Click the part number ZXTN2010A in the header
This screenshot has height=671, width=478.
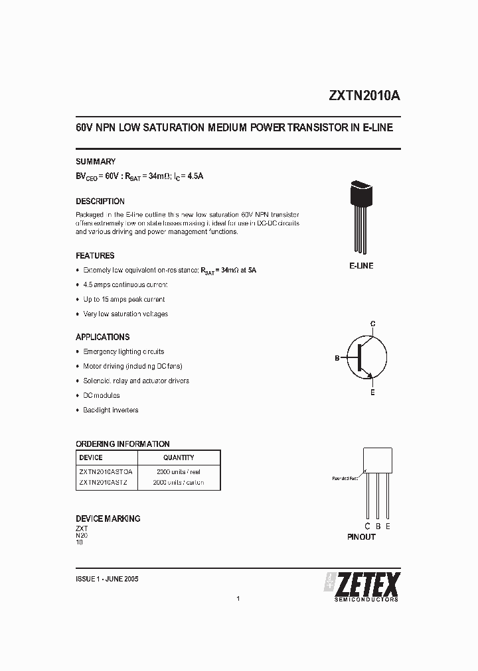coord(364,95)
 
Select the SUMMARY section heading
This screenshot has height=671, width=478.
coord(96,162)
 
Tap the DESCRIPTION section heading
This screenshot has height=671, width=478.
coord(100,202)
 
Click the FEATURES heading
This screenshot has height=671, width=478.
coord(95,256)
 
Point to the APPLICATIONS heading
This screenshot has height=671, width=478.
coord(103,337)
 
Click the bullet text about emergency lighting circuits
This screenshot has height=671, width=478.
coord(123,351)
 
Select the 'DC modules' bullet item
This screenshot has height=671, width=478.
coord(102,395)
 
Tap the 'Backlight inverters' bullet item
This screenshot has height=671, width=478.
coord(111,410)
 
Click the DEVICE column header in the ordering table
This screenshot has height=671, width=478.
coord(91,457)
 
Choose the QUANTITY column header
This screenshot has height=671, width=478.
coord(179,457)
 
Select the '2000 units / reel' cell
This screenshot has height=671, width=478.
coord(179,471)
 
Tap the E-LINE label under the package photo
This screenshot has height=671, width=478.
coord(361,266)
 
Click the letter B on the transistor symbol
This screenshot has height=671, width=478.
coord(337,358)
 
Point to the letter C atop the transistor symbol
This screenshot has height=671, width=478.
coord(373,323)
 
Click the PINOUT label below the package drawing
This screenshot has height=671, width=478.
coord(361,537)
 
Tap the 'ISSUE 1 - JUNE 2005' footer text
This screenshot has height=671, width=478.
coord(108,579)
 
